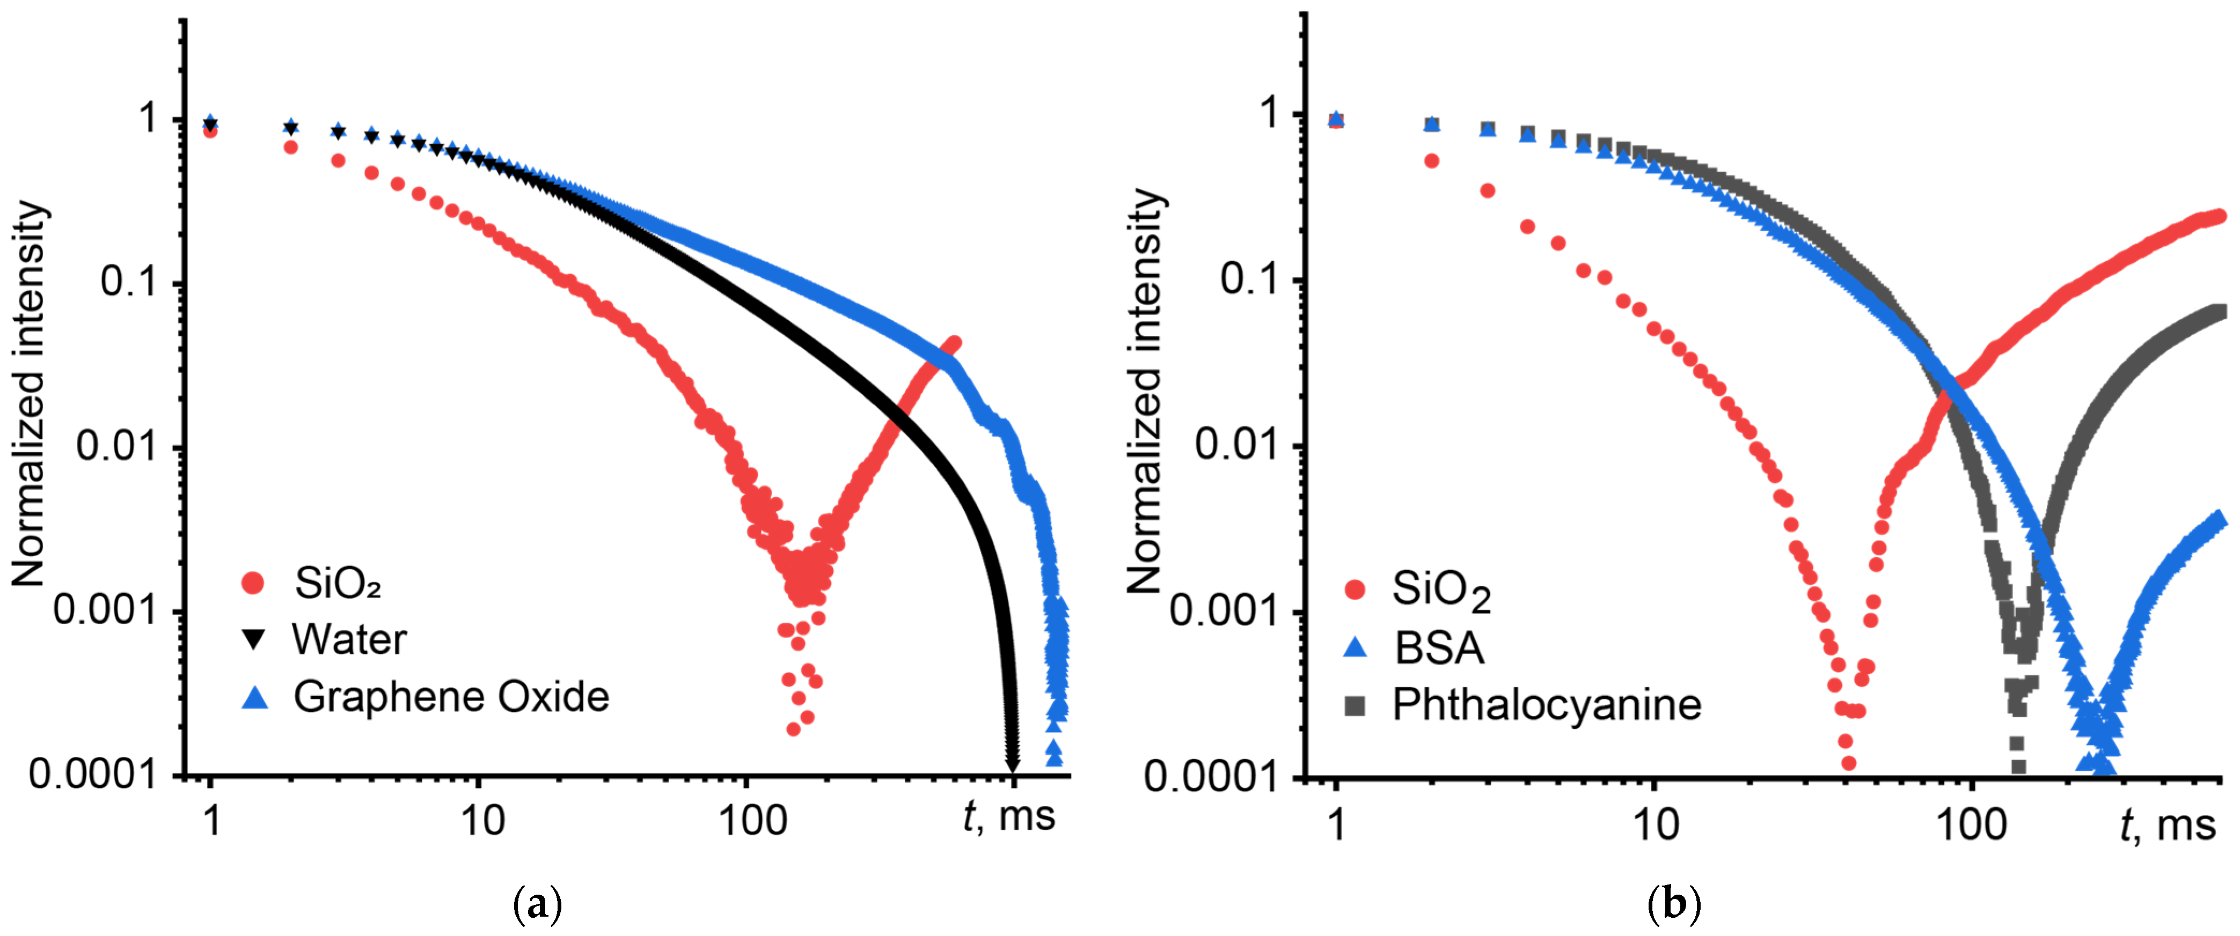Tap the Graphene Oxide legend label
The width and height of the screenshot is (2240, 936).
point(451,697)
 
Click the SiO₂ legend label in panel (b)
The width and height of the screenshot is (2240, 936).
point(1441,590)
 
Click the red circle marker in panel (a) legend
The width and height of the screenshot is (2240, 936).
point(253,583)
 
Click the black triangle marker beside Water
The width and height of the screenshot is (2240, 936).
point(254,640)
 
